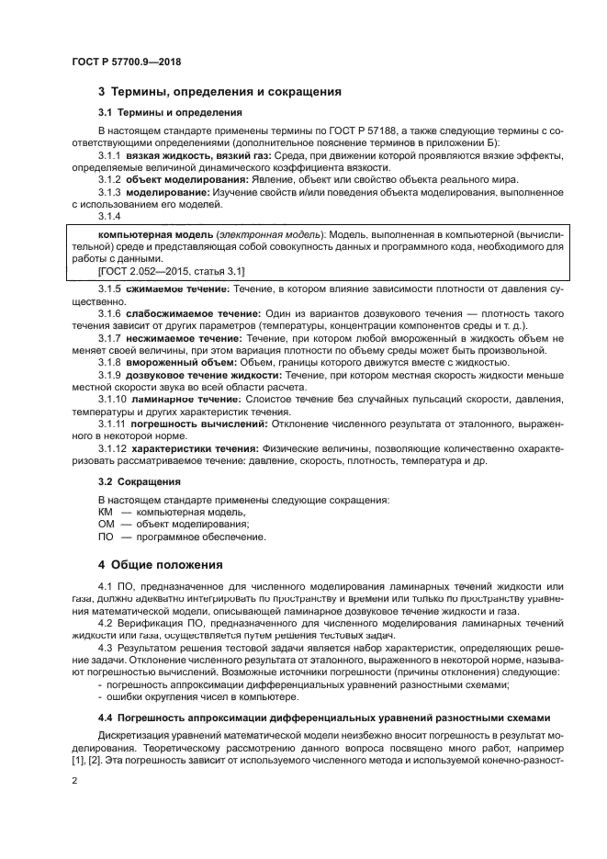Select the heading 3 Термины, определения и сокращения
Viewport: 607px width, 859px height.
coord(219,92)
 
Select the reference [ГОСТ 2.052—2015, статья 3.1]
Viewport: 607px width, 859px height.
coord(171,271)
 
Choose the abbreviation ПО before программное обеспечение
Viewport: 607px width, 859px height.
coord(106,536)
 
